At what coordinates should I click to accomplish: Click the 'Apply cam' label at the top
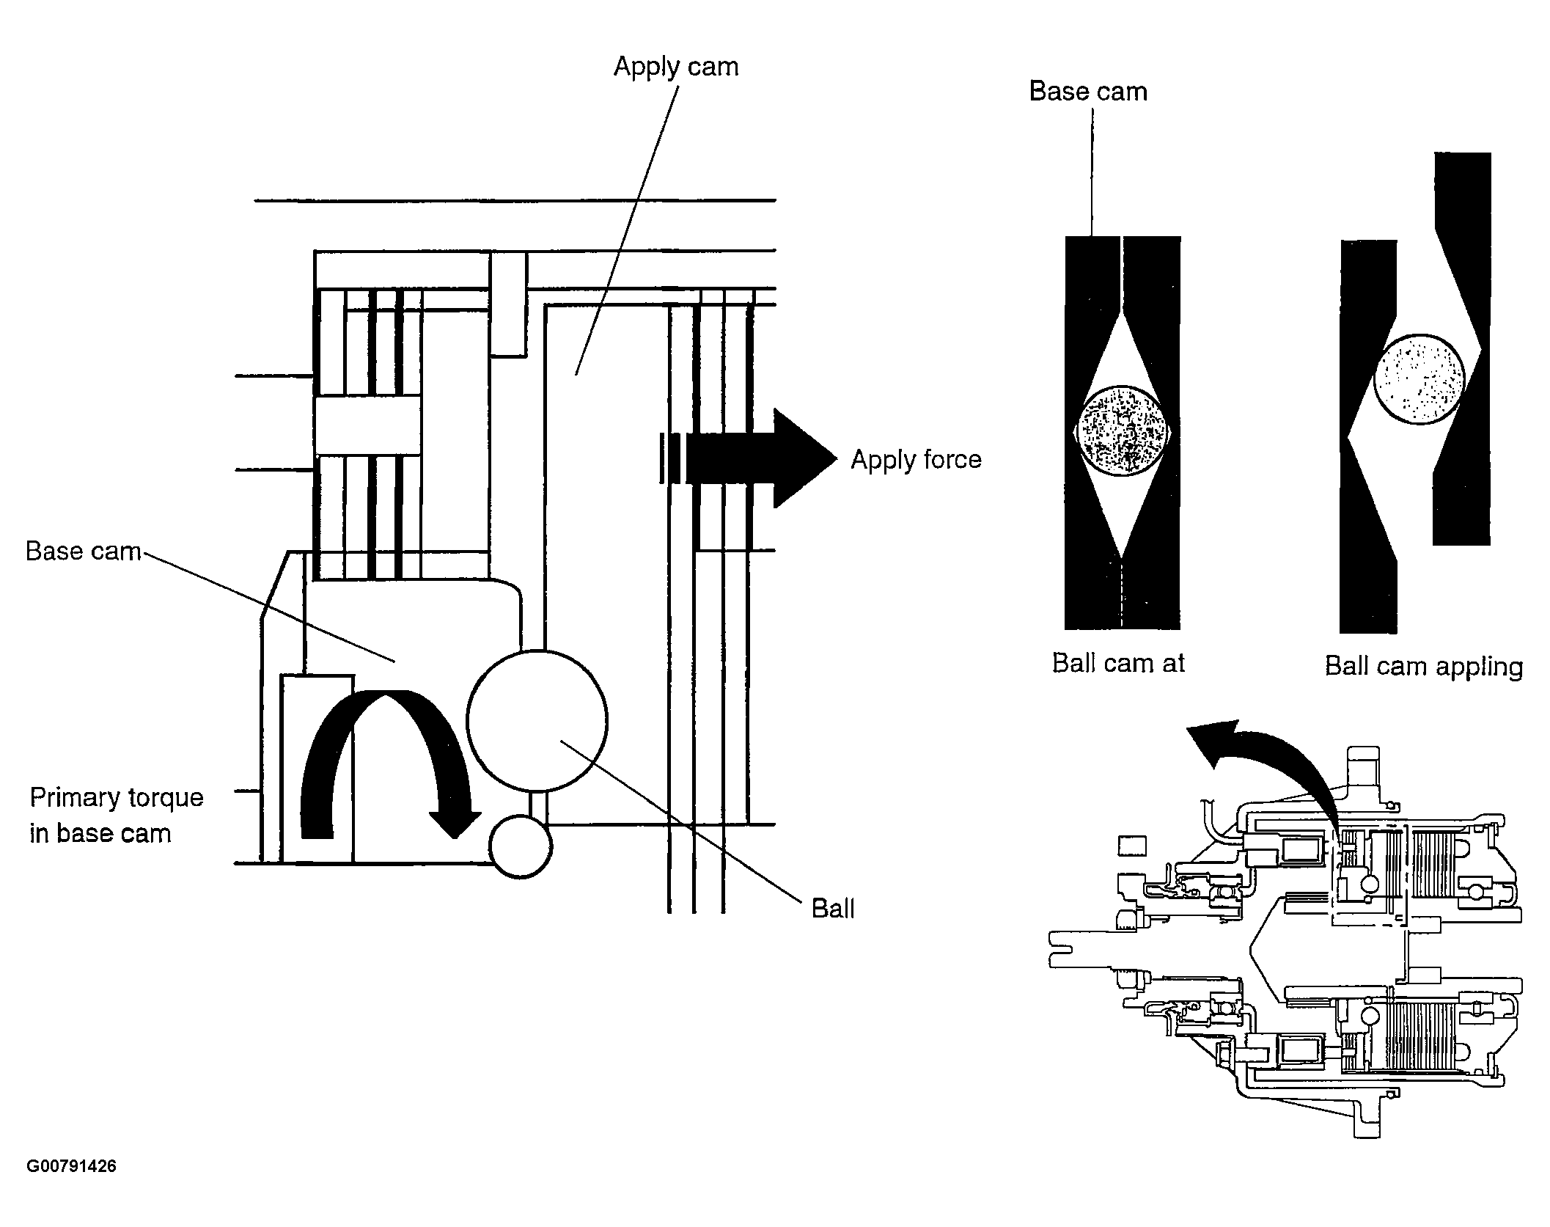(675, 67)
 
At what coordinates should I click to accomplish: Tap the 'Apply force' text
(916, 460)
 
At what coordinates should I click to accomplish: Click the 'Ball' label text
(833, 909)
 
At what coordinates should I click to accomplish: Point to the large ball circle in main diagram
(537, 721)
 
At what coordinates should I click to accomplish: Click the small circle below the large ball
(521, 846)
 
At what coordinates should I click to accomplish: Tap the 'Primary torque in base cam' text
(116, 815)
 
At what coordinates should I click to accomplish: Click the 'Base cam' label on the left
(83, 551)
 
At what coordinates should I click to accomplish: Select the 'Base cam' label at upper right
(1088, 92)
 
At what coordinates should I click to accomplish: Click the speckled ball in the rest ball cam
(1123, 431)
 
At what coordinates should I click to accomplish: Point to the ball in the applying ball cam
(1419, 379)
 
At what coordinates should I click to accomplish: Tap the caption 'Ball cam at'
(1118, 663)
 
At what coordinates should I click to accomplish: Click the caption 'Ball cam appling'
(1424, 667)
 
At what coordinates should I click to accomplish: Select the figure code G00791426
(71, 1166)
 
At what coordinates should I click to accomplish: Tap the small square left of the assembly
(1131, 846)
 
